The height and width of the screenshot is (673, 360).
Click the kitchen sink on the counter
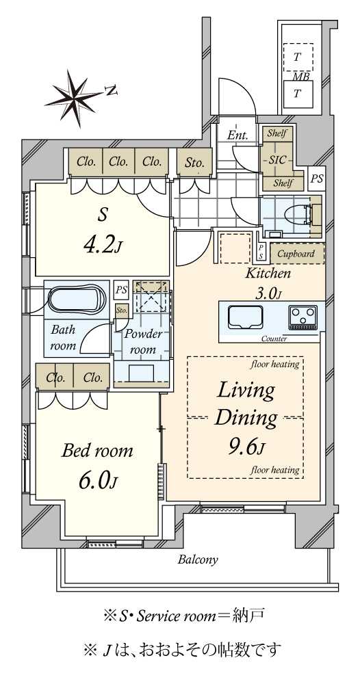pyautogui.click(x=242, y=317)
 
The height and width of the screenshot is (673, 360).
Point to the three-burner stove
pyautogui.click(x=303, y=317)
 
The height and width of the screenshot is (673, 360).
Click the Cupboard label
pyautogui.click(x=296, y=253)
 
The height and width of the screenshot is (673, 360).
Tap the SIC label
pyautogui.click(x=277, y=159)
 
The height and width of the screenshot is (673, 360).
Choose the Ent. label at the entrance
pyautogui.click(x=237, y=135)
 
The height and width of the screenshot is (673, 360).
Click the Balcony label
pyautogui.click(x=198, y=559)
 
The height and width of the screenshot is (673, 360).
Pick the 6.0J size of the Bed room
pyautogui.click(x=97, y=481)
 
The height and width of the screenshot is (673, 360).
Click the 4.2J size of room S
pyautogui.click(x=102, y=246)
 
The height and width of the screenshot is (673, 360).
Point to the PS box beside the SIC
pyautogui.click(x=317, y=179)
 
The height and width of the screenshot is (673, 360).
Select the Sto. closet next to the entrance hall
pyautogui.click(x=194, y=162)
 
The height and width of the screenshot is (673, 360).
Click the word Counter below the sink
pyautogui.click(x=274, y=339)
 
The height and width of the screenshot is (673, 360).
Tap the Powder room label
pyautogui.click(x=143, y=342)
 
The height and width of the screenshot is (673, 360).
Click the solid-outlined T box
pyautogui.click(x=297, y=94)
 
